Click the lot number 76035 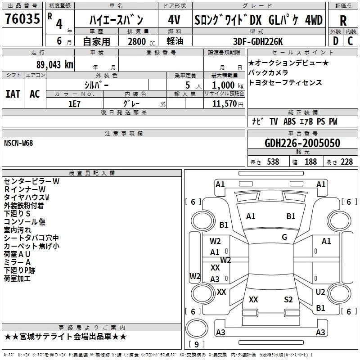(x=22, y=19)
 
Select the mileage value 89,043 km (x=54, y=65)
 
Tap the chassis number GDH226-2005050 (x=302, y=143)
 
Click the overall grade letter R (x=343, y=21)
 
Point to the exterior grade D (x=336, y=41)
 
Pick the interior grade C (x=350, y=41)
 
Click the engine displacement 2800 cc (x=141, y=41)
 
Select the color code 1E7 (x=74, y=104)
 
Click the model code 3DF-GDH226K (x=258, y=41)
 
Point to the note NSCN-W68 (x=18, y=143)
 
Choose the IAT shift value (x=13, y=94)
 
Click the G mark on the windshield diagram (x=284, y=237)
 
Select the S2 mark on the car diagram (x=288, y=300)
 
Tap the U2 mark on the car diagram (x=320, y=292)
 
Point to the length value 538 (x=273, y=162)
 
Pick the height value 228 (x=346, y=162)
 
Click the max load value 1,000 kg (x=228, y=85)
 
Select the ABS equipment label (x=289, y=121)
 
